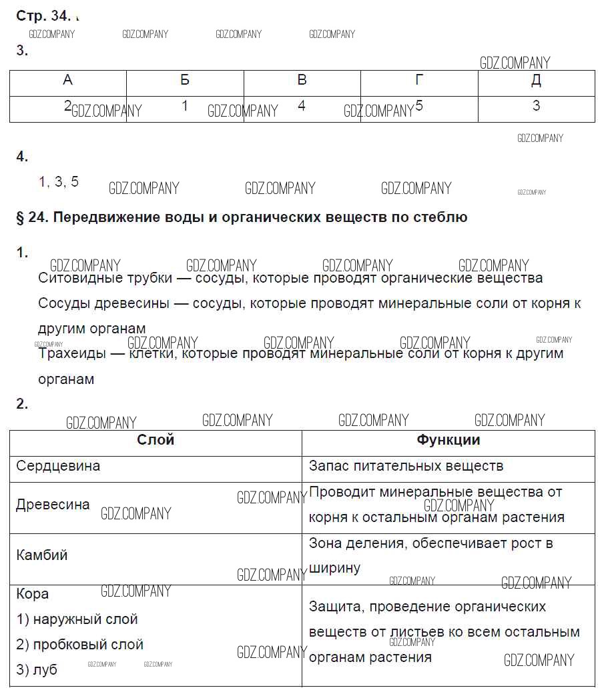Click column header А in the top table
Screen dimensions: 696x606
pyautogui.click(x=67, y=81)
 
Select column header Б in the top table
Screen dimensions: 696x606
pyautogui.click(x=185, y=81)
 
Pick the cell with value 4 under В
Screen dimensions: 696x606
pyautogui.click(x=302, y=106)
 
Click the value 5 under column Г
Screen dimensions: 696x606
pyautogui.click(x=419, y=105)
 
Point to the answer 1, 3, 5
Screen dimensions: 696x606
pyautogui.click(x=59, y=182)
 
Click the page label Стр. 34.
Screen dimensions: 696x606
pyautogui.click(x=43, y=17)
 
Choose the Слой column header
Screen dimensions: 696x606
pyautogui.click(x=156, y=440)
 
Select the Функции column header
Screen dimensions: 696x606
pyautogui.click(x=448, y=440)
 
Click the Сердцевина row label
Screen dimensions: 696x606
pyautogui.click(x=58, y=466)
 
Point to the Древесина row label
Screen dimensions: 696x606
pyautogui.click(x=53, y=505)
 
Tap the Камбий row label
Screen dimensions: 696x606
pyautogui.click(x=42, y=555)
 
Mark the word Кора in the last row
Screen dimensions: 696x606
pyautogui.click(x=33, y=594)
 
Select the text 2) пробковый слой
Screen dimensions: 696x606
pyautogui.click(x=80, y=645)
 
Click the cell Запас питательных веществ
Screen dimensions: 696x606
pyautogui.click(x=406, y=466)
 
